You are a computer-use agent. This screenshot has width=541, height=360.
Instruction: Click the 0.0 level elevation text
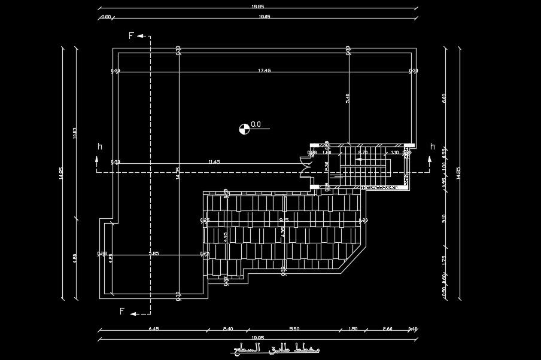256,124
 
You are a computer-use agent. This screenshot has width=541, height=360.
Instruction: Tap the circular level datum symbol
244,127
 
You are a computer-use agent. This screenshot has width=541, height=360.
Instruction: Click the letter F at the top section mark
131,36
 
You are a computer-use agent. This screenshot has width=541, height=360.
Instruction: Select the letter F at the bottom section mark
122,312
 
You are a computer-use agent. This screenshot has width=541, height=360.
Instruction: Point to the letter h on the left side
99,147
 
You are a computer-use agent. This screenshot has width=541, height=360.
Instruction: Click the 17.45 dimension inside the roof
264,71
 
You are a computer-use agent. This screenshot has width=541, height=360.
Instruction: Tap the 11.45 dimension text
214,161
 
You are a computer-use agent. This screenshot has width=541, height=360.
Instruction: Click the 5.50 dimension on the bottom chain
294,329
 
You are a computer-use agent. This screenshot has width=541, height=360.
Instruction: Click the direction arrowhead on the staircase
357,160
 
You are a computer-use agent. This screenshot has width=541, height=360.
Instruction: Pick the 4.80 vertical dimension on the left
75,261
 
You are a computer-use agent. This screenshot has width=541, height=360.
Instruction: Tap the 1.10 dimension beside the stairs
394,152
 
